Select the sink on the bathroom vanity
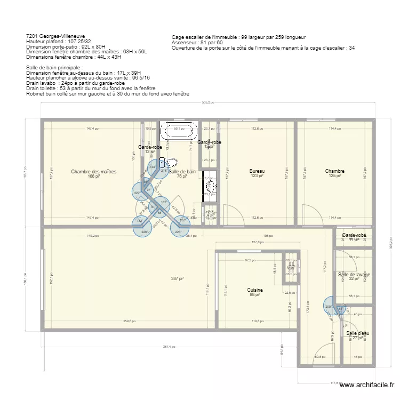(x=210, y=187)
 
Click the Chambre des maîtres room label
(x=93, y=172)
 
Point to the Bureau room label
(x=257, y=172)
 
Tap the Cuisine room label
(x=255, y=290)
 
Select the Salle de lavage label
(x=354, y=275)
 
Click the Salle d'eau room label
(x=357, y=333)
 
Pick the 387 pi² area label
(x=177, y=278)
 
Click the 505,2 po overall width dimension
(x=207, y=103)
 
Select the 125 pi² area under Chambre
(x=334, y=176)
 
